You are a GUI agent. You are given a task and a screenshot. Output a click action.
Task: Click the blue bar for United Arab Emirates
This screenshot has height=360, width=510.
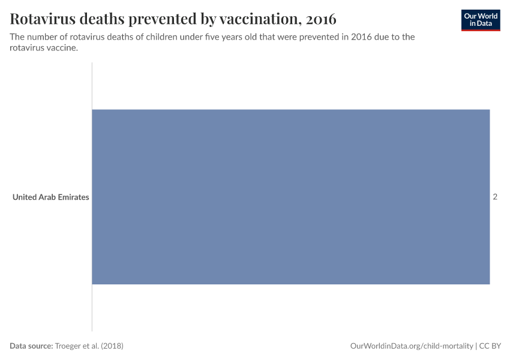[x=290, y=197]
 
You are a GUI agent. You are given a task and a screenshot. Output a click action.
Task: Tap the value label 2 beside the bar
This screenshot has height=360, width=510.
[x=495, y=197]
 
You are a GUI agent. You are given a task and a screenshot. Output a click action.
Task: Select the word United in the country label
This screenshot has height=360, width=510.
[x=25, y=197]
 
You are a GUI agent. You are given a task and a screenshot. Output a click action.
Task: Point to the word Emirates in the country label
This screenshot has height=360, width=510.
[x=73, y=197]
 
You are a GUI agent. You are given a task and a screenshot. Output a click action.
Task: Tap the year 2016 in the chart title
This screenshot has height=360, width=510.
[x=321, y=19]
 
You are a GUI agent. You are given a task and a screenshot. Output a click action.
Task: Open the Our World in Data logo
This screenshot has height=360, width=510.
[x=480, y=20]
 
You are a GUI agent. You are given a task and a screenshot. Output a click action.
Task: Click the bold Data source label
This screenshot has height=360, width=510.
[x=31, y=346]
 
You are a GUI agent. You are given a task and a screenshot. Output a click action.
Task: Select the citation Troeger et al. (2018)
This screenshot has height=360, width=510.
[x=89, y=346]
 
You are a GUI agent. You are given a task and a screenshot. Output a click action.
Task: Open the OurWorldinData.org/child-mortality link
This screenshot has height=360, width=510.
[x=411, y=346]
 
